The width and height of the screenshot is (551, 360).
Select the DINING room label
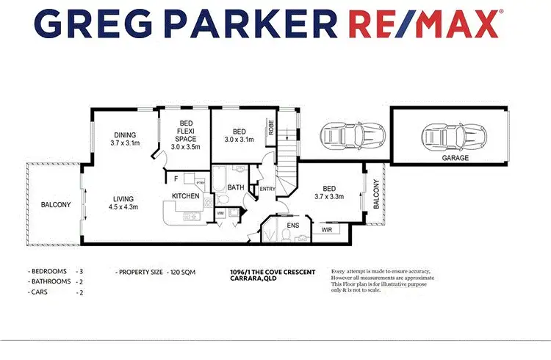(x=125, y=134)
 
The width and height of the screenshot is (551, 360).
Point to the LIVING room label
(x=125, y=198)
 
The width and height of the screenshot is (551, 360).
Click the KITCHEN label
(x=186, y=196)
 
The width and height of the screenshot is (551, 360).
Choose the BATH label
(x=236, y=188)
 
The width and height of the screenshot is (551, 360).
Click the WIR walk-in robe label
(x=327, y=230)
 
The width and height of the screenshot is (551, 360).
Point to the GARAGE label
(x=455, y=157)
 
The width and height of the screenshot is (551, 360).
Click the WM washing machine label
(x=220, y=214)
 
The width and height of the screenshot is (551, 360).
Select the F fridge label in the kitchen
(x=176, y=179)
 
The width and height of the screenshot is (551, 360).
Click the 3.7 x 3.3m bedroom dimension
(x=334, y=196)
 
